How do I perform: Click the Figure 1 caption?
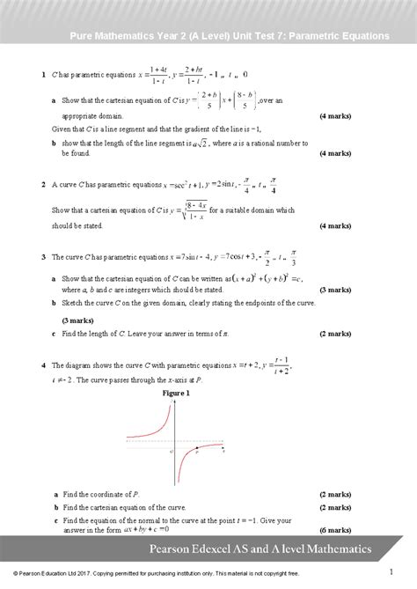177,394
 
